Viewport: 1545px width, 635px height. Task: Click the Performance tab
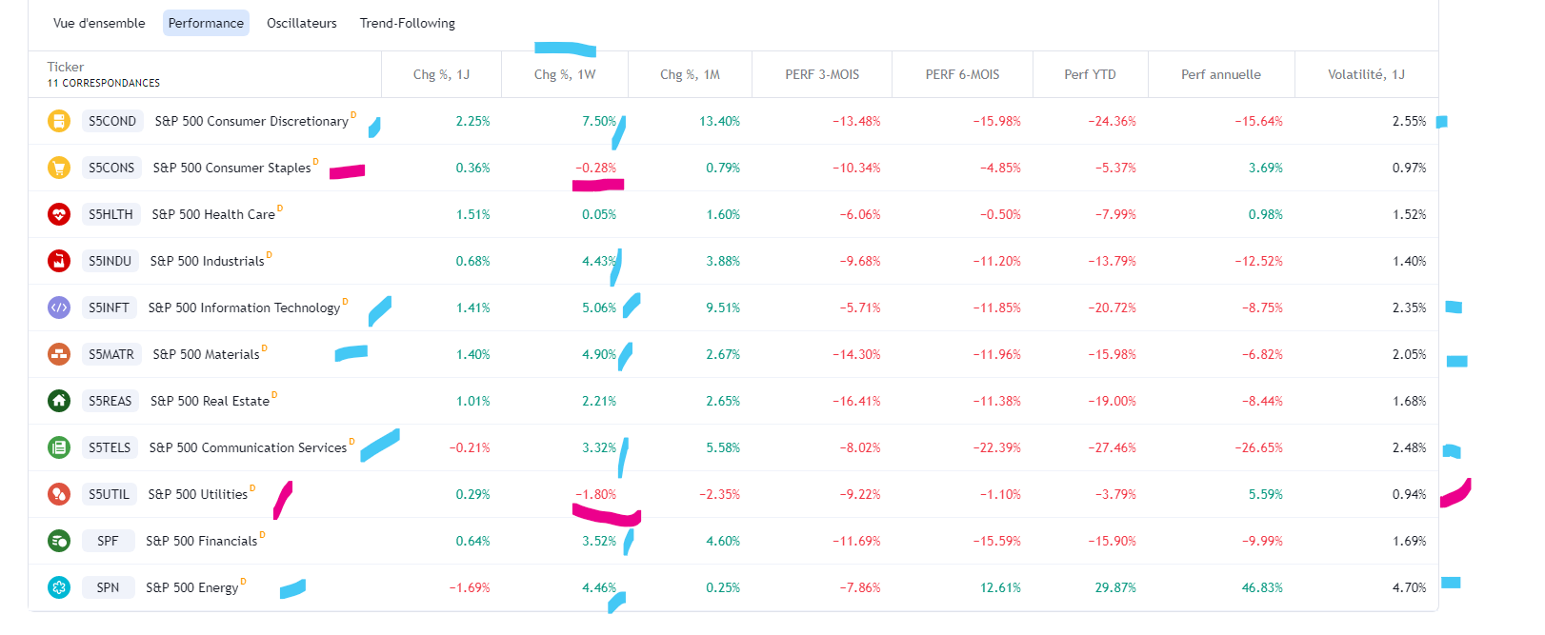pos(206,23)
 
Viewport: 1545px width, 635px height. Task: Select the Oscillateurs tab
pos(301,23)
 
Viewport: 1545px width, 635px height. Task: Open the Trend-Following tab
pos(407,23)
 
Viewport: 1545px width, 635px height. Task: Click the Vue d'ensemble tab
pos(99,23)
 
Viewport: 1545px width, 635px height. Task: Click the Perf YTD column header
pos(1090,74)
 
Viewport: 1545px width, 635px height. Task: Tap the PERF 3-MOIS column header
pos(821,74)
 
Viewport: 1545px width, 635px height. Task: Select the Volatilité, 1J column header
pos(1366,74)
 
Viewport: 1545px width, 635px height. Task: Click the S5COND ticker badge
pos(112,121)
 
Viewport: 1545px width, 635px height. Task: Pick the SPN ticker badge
pos(108,587)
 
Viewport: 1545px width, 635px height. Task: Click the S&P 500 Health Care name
pos(213,214)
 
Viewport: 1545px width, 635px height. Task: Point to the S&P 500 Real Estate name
pos(210,401)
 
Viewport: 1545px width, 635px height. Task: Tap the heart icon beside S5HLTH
pos(59,214)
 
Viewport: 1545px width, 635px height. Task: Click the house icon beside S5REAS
pos(59,401)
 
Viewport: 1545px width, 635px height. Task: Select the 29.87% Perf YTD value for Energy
pos(1114,587)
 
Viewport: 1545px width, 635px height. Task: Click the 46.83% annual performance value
pos(1261,587)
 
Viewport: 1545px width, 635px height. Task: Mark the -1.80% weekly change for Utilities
pos(595,494)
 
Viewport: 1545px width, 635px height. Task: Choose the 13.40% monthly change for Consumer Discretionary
pos(719,121)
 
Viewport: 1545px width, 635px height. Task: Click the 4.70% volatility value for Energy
pos(1409,587)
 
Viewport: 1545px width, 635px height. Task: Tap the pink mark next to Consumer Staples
pos(348,171)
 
